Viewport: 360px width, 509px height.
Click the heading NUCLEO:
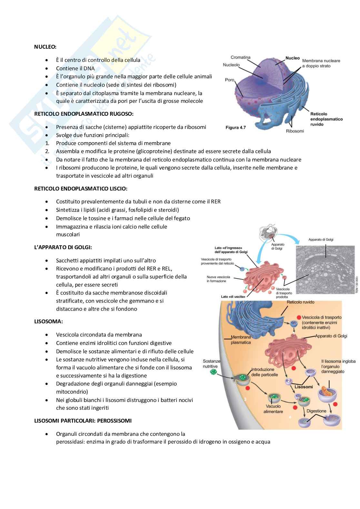coord(45,47)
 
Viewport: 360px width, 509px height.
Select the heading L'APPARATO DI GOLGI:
coord(63,247)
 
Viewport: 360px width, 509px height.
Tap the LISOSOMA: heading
coord(48,321)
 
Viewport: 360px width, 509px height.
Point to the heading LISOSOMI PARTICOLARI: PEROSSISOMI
coord(83,421)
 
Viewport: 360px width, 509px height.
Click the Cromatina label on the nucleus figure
coord(241,57)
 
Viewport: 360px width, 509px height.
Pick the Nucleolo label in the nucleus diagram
coord(231,65)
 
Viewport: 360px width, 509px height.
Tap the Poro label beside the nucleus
coord(230,80)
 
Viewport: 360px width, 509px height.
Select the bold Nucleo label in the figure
coord(293,58)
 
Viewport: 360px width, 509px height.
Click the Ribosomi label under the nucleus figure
coord(295,131)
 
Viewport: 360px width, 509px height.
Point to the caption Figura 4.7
coord(235,127)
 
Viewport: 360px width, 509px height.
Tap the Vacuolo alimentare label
coord(273,409)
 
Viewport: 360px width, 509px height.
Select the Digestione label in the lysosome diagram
coord(316,411)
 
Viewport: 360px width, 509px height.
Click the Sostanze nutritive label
coord(211,364)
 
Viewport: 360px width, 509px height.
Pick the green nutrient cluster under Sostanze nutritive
coord(213,372)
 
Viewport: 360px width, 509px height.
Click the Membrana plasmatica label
coord(241,340)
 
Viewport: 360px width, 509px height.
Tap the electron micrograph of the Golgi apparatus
coord(325,269)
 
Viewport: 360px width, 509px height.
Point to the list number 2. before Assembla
coord(47,151)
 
